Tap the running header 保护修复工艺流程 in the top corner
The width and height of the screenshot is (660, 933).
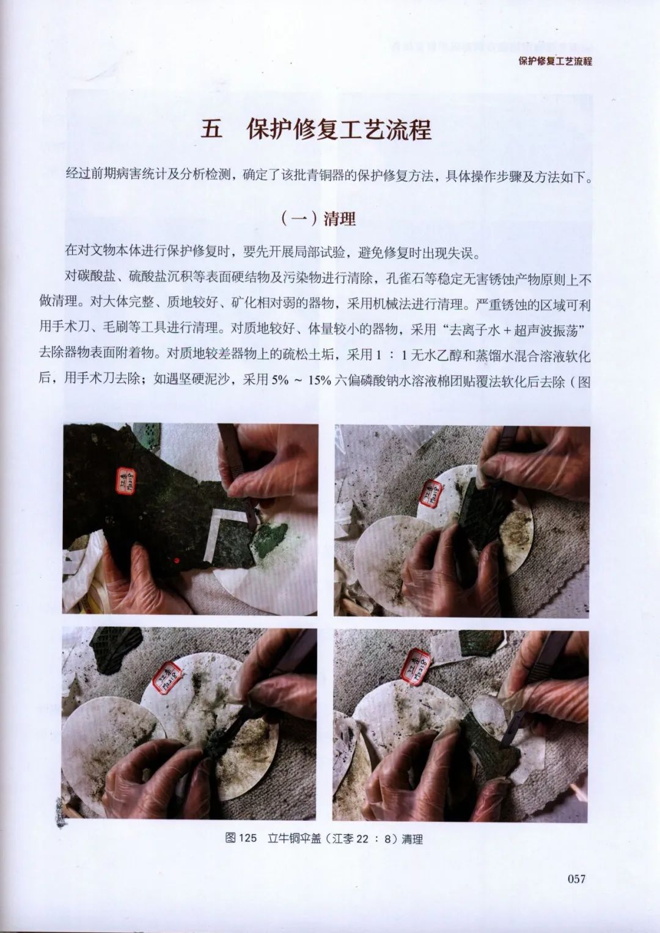tap(555, 61)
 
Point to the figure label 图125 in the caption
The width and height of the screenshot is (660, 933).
tap(241, 840)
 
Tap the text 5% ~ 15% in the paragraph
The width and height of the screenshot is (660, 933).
tap(302, 379)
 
